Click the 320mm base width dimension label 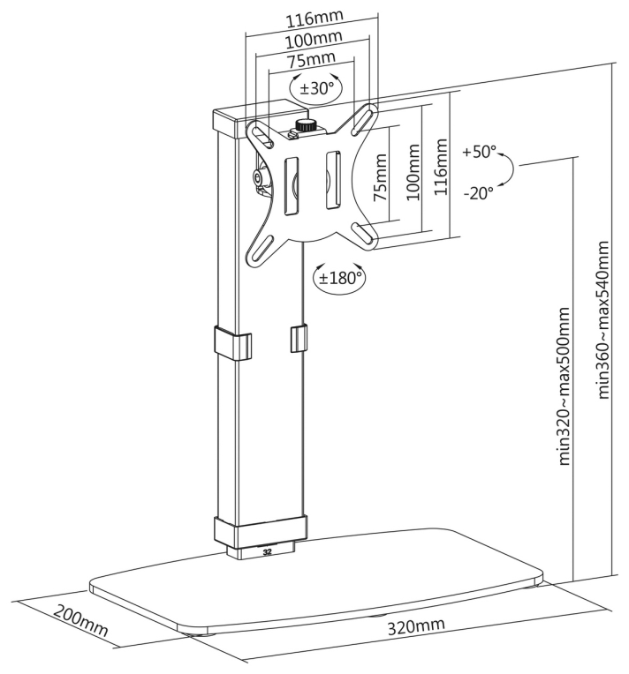[x=416, y=625]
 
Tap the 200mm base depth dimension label [x=80, y=621]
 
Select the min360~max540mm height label [x=603, y=320]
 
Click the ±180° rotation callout [x=340, y=278]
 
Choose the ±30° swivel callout [x=316, y=88]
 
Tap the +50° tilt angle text [x=479, y=152]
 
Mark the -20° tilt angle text [x=478, y=193]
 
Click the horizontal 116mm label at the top [x=314, y=19]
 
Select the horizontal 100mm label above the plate [x=314, y=40]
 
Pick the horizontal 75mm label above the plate [x=311, y=60]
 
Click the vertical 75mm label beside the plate [x=380, y=178]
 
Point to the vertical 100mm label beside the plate [x=413, y=172]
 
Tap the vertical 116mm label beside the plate [x=440, y=167]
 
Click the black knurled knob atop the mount [x=306, y=126]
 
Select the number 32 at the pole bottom [x=267, y=553]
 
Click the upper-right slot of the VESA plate [x=363, y=118]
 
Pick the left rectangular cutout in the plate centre [x=291, y=185]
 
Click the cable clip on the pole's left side [x=232, y=343]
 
